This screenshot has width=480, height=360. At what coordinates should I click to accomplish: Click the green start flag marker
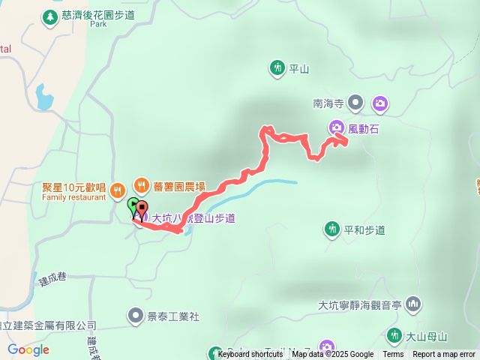pos(133,205)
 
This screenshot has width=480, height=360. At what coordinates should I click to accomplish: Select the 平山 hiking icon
pos(277,68)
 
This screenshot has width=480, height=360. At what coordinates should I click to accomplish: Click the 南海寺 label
pos(328,105)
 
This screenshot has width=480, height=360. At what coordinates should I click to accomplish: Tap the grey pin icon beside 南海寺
pos(355,103)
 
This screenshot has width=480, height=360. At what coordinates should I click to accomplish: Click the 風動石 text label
pos(364,129)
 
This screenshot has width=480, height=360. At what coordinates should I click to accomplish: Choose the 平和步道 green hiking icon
pos(331,229)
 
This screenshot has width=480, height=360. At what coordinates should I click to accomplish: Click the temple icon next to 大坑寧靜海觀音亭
pos(413,304)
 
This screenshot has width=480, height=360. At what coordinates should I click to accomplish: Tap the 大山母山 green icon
pos(393,335)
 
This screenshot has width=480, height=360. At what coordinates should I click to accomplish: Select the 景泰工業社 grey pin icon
pos(135,316)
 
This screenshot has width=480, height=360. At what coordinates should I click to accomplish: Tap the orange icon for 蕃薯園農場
pos(141,184)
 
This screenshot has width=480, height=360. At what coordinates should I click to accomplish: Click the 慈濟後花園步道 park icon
pos(50,16)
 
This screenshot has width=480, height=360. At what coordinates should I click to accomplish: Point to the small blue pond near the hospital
pos(43,97)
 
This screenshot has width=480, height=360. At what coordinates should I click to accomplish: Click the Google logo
pos(28,349)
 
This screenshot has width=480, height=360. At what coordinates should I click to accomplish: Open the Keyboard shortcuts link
pos(250,355)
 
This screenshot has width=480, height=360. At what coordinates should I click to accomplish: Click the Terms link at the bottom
pos(393,355)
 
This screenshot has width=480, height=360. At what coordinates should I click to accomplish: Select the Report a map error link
pos(444,355)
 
